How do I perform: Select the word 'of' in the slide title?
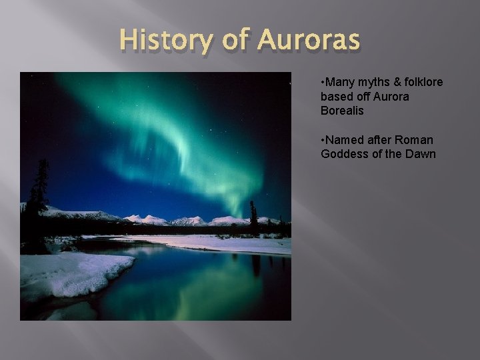[x=235, y=42]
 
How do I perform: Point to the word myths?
[x=373, y=82]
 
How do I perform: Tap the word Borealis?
[x=342, y=111]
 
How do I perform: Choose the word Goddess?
[x=342, y=154]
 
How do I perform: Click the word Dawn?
[x=421, y=154]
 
